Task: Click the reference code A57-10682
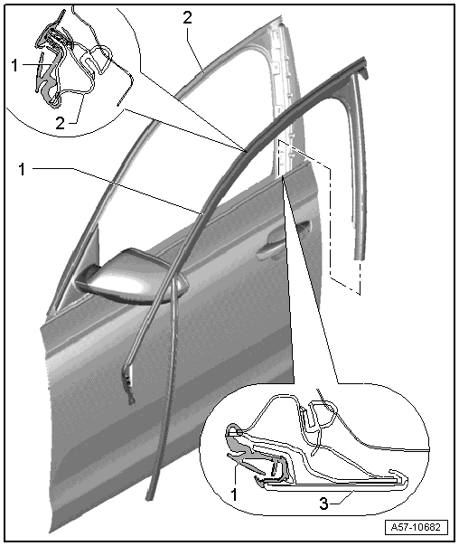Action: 417,527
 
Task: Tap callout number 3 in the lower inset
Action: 323,504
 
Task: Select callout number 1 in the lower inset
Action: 234,494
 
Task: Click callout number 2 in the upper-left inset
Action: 61,123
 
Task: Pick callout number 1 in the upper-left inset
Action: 14,65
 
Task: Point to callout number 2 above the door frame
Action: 188,18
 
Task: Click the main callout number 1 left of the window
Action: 23,169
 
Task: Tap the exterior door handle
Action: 283,240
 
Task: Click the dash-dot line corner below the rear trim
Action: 360,295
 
